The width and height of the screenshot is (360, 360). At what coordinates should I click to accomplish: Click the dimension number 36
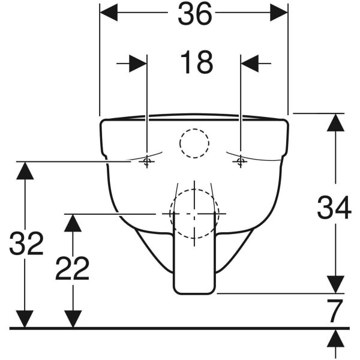[194, 14]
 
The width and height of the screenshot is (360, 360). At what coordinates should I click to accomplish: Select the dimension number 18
[197, 62]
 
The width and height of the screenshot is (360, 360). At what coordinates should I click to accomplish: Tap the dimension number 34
[334, 208]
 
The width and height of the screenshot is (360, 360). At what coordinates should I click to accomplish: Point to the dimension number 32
[26, 244]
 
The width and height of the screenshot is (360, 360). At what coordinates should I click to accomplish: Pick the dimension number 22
[72, 268]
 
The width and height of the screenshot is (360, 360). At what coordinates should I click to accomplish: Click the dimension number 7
[335, 310]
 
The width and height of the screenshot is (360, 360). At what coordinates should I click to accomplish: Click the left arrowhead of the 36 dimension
[109, 13]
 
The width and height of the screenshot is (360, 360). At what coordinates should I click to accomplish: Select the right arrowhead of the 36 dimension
[279, 13]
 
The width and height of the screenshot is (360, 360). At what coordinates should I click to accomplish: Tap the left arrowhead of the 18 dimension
[138, 64]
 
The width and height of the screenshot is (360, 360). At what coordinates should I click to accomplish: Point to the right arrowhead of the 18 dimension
[250, 64]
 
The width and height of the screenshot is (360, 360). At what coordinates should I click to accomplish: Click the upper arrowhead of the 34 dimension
[335, 122]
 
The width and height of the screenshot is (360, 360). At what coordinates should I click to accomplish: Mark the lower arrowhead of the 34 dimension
[335, 284]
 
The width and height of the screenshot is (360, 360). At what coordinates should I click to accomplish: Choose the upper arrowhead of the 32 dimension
[25, 170]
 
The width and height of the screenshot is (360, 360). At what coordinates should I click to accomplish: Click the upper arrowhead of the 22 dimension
[73, 223]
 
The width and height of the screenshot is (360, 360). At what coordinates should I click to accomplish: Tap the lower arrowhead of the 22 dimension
[73, 319]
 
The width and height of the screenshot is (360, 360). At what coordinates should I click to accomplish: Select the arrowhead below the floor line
[335, 338]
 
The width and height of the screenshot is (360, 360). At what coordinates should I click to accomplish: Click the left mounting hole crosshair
[147, 161]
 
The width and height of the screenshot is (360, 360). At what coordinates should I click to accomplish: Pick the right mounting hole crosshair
[241, 161]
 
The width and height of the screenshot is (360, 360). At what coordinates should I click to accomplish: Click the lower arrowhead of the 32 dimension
[25, 319]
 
